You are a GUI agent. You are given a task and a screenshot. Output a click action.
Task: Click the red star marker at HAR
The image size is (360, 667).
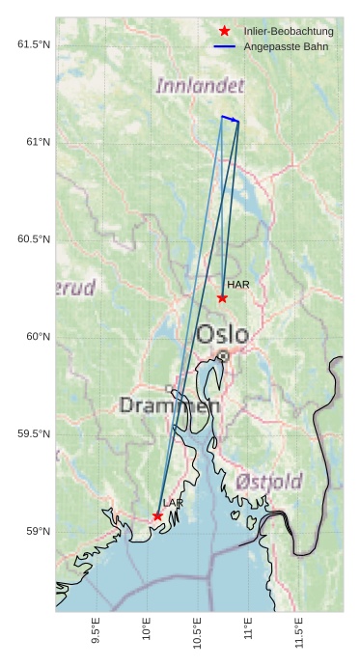click(x=222, y=297)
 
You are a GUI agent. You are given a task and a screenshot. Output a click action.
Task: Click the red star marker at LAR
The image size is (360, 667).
click(x=157, y=516)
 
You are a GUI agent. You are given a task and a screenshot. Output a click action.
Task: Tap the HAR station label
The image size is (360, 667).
click(x=237, y=285)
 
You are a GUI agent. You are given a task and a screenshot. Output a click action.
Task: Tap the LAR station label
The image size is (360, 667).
click(x=173, y=504)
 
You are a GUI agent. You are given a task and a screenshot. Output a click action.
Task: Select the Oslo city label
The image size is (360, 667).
click(x=222, y=335)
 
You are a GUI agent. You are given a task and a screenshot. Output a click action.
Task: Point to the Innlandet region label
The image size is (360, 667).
click(x=200, y=86)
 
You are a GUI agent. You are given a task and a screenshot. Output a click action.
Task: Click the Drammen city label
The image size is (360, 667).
click(x=169, y=406)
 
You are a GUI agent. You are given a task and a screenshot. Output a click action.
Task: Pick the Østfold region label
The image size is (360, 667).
click(x=268, y=482)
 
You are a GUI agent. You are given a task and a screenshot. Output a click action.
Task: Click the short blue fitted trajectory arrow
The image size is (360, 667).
click(x=230, y=119)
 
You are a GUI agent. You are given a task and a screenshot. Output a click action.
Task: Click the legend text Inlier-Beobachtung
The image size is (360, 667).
click(x=289, y=32)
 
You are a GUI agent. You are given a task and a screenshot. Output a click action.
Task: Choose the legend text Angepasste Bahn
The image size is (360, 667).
click(x=286, y=46)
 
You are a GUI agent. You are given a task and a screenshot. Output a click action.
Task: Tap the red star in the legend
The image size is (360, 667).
click(x=224, y=32)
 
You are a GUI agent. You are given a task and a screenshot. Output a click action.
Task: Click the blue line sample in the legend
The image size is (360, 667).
click(x=224, y=46)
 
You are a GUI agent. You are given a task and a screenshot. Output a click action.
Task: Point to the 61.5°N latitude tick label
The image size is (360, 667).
click(x=32, y=45)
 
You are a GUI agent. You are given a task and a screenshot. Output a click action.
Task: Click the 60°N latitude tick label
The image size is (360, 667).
click(x=37, y=337)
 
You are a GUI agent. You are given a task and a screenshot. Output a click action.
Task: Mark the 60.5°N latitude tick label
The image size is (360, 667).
click(x=32, y=239)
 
